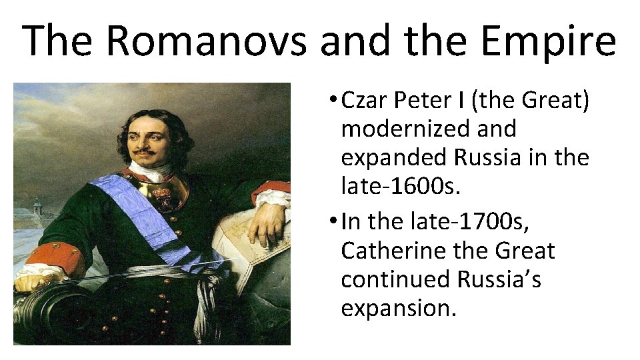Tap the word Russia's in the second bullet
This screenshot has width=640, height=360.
(499, 279)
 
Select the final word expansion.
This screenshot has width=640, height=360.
(399, 308)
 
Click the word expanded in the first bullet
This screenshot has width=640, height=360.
(395, 157)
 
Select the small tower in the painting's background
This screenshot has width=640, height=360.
(37, 206)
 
